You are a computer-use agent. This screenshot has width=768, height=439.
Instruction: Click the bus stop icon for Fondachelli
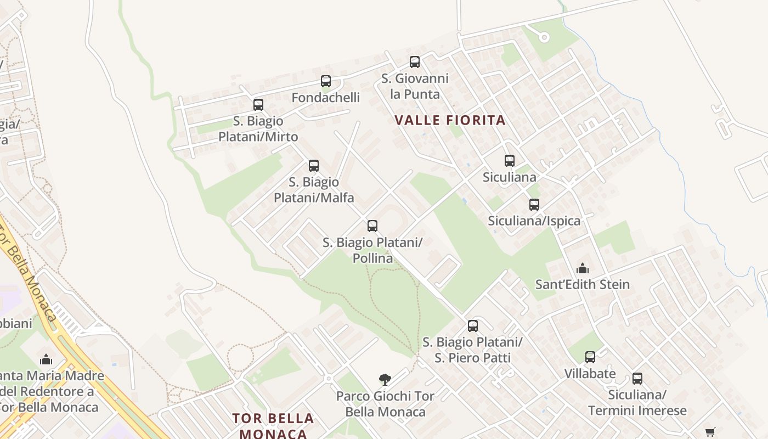click(326, 81)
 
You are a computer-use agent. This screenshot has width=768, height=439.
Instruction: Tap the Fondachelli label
click(326, 98)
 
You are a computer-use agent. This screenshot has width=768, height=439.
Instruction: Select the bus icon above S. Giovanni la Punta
click(415, 62)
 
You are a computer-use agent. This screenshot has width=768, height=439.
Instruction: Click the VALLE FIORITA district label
click(450, 120)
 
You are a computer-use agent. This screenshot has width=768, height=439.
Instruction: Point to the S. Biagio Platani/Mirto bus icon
click(258, 104)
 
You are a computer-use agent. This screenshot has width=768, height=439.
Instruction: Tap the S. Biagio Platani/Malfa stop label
click(314, 189)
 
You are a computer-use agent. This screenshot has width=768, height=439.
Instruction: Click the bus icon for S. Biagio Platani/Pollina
click(372, 226)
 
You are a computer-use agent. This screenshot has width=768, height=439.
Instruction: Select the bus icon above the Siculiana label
click(510, 161)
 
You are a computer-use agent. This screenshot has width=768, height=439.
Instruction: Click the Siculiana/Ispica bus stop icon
click(534, 205)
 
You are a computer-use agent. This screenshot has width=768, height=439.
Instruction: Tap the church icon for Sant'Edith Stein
click(583, 268)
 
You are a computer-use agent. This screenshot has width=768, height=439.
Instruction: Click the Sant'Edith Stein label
click(583, 284)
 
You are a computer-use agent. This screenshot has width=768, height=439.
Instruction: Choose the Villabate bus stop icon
click(590, 357)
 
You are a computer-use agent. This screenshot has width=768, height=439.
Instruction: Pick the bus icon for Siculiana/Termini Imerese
click(637, 378)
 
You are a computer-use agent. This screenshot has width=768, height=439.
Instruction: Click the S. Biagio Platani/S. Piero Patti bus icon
click(473, 325)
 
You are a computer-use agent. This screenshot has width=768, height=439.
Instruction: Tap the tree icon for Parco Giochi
click(385, 379)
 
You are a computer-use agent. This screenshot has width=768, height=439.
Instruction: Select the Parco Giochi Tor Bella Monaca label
click(385, 404)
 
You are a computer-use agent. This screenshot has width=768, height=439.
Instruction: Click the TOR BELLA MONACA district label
click(273, 426)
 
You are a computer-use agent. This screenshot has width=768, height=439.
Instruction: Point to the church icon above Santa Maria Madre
click(46, 359)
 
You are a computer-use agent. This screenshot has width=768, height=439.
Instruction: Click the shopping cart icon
click(710, 432)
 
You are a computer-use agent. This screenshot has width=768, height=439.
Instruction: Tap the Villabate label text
click(590, 374)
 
